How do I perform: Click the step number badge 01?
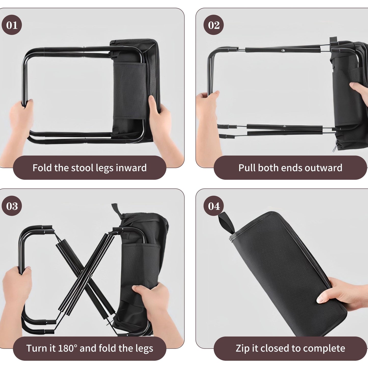(12, 25)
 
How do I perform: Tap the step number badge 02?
(213, 25)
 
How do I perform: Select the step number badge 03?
(12, 206)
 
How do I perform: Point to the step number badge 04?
(213, 206)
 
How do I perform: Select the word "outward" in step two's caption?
(323, 168)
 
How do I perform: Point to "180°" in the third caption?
(67, 348)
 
